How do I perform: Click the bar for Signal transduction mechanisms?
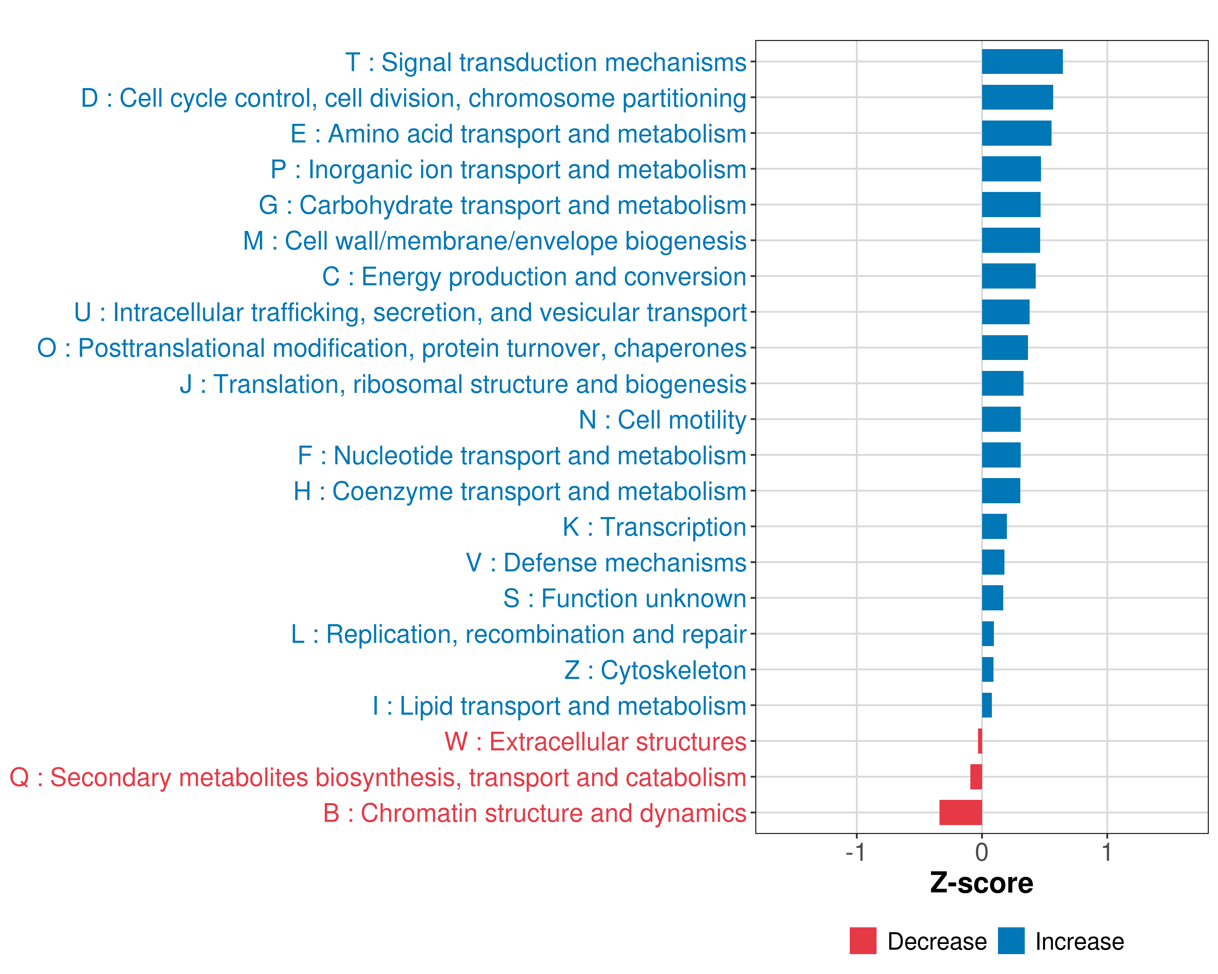[x=1022, y=62]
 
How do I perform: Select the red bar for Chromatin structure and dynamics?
[x=960, y=812]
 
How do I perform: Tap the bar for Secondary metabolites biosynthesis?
[x=976, y=777]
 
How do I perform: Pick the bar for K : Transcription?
[x=994, y=527]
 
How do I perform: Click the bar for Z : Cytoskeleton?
[x=987, y=670]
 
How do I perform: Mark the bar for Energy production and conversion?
[x=1009, y=276]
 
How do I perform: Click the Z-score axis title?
[x=982, y=883]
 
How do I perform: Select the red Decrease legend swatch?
[x=863, y=941]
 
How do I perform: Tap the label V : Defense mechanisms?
[x=606, y=563]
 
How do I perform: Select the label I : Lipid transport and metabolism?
[x=559, y=706]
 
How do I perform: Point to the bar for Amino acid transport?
[x=1016, y=133]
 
